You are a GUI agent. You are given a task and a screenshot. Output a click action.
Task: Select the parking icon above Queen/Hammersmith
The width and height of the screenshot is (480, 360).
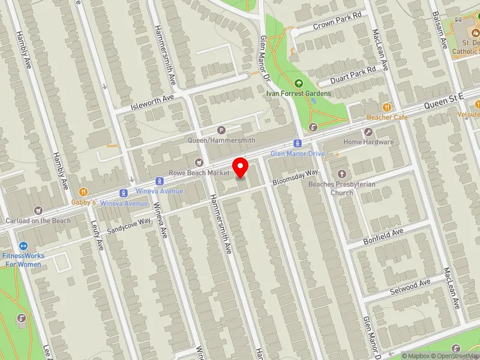point(221,130)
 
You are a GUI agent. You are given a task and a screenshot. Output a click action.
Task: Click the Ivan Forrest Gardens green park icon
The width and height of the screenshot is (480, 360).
point(299,83)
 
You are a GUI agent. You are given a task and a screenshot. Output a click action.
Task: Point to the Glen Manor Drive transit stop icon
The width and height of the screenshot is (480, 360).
point(297,143)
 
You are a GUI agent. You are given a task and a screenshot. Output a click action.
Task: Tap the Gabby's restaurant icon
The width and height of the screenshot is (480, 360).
point(83,191)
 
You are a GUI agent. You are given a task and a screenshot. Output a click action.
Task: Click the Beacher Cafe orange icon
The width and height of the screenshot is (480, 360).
point(387,106)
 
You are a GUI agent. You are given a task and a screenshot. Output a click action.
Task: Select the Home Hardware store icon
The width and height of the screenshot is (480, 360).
point(368,131)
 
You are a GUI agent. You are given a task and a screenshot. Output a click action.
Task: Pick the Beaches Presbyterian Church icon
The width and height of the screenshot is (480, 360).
point(350,173)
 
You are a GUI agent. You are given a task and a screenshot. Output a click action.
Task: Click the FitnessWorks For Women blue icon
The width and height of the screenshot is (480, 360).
point(23,245)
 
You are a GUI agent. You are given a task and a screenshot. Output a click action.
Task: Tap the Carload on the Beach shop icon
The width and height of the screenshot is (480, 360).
point(39,210)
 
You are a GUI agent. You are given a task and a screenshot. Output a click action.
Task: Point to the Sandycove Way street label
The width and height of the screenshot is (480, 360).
point(129,226)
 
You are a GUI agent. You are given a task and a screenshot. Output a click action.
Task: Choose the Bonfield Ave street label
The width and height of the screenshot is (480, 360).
point(383,236)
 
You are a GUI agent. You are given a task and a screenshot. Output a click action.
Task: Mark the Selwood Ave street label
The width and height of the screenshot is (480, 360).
point(410,287)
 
